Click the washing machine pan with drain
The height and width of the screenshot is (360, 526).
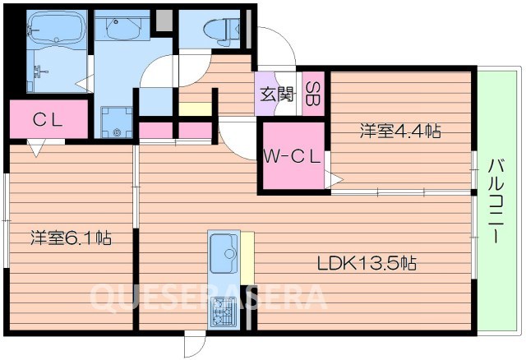tap(117, 122)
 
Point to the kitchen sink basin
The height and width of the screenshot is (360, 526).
tap(223, 252)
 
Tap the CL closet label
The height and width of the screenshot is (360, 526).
tap(48, 120)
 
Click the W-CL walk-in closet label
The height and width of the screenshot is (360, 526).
tap(293, 159)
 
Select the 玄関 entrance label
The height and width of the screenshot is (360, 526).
tap(277, 93)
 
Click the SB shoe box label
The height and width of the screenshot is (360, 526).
tap(314, 92)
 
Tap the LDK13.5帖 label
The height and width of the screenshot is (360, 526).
tap(367, 264)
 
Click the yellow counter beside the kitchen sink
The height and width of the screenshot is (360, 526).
tap(247, 257)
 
